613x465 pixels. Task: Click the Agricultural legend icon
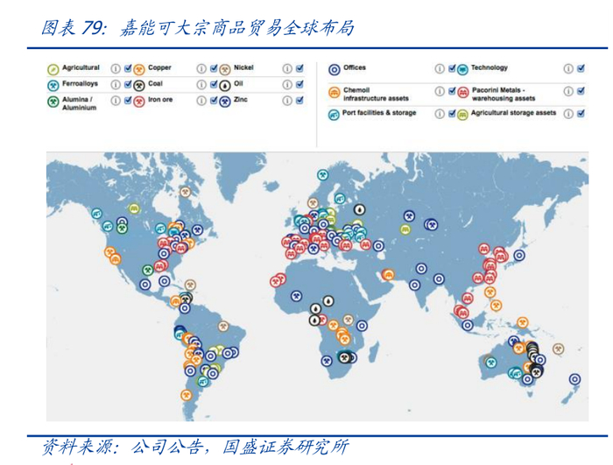click(x=53, y=68)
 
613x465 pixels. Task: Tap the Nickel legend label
click(x=244, y=67)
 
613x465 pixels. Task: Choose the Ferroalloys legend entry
click(x=80, y=84)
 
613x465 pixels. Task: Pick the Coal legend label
click(x=155, y=84)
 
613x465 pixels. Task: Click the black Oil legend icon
click(x=225, y=85)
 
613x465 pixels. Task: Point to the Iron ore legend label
click(x=160, y=100)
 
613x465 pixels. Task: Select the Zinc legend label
click(x=242, y=100)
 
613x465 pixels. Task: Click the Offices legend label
click(x=355, y=67)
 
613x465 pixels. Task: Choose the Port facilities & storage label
click(x=379, y=113)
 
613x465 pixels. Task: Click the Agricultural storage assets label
click(x=513, y=113)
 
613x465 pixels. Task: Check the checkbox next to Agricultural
click(x=128, y=67)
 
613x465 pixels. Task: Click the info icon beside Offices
click(x=440, y=68)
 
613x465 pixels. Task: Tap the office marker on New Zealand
click(x=574, y=379)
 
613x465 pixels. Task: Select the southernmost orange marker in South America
click(x=187, y=393)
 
